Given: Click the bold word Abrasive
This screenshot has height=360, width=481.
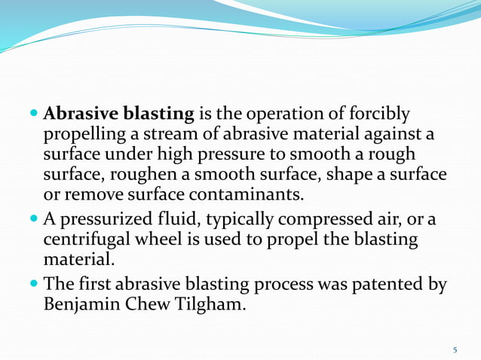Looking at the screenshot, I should coord(81,114).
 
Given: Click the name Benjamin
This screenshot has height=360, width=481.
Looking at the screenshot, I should coord(84,305).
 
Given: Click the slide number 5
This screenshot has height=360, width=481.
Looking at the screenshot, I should coord(455,349).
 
